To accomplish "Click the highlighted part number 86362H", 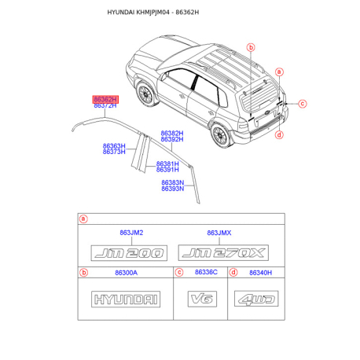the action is [105, 99].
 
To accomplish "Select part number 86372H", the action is [105, 106].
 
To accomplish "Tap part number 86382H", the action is [172, 133].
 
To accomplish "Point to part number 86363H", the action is [114, 145].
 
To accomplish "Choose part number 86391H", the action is [167, 170].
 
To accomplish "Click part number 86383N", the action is [173, 182].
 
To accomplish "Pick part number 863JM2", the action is [131, 233].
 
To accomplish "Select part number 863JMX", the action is [219, 233].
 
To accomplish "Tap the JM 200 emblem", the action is [129, 253].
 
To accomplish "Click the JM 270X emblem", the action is [223, 253].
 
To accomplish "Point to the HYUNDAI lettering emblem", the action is [126, 299].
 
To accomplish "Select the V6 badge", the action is [202, 299].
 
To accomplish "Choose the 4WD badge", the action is [256, 299].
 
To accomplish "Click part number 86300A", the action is [127, 273].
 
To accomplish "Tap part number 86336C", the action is [206, 272].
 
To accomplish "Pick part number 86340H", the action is [261, 273].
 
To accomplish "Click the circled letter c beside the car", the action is [303, 104].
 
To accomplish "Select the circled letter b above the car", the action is [251, 47].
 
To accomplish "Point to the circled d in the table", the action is [233, 273].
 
